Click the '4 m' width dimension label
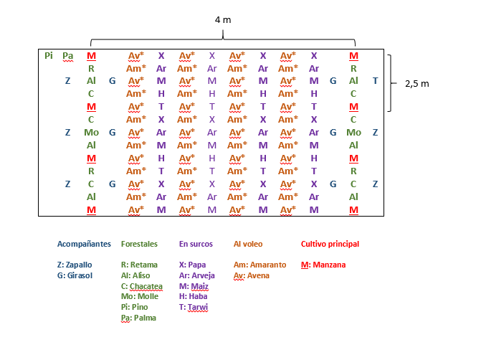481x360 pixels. (x=223, y=20)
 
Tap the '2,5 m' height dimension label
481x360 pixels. (x=416, y=83)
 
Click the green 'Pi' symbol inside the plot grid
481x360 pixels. (x=49, y=55)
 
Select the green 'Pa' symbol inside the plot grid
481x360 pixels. (x=68, y=55)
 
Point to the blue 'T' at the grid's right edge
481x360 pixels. (x=376, y=81)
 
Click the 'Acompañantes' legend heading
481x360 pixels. (x=85, y=244)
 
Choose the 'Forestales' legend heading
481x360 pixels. (x=139, y=244)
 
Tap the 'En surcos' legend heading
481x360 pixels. (x=196, y=244)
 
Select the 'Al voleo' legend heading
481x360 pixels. (x=249, y=244)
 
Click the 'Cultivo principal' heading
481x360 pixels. (x=330, y=244)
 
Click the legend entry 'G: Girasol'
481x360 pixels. (x=75, y=275)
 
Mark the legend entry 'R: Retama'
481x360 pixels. (x=139, y=265)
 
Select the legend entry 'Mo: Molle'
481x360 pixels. (x=138, y=296)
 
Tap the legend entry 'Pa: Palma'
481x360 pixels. (x=138, y=318)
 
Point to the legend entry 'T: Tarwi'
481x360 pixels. (x=194, y=307)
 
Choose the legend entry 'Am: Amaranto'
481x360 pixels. (x=259, y=265)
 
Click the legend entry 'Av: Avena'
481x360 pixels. (x=252, y=275)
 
